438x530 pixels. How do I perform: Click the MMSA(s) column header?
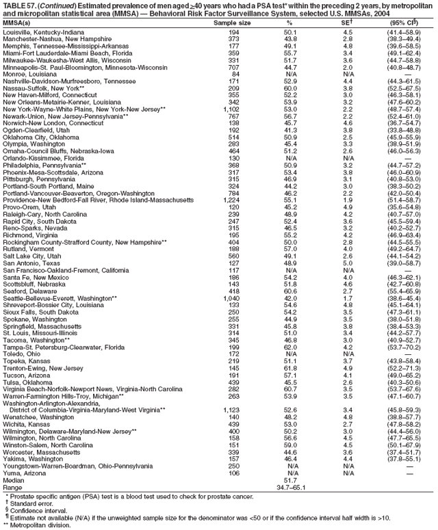coord(20,23)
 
